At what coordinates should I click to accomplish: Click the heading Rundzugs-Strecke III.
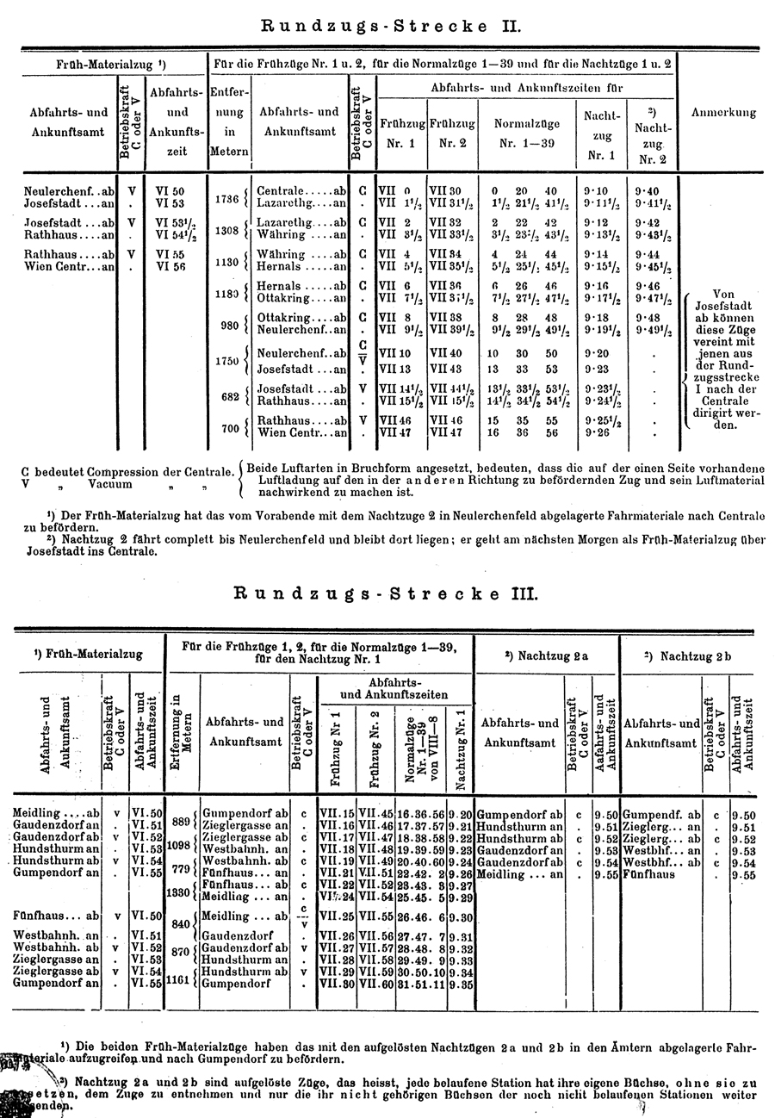coord(387,593)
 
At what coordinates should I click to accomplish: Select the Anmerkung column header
coord(723,112)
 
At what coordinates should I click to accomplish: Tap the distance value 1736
coord(226,198)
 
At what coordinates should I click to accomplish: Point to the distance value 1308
coord(226,230)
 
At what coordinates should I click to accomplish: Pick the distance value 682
coord(228,394)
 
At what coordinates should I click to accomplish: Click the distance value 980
coord(228,325)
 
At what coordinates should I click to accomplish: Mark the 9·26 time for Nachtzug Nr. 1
coord(597,432)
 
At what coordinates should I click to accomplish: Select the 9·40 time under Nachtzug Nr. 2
coord(647,191)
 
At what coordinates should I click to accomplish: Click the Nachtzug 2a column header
coord(546,655)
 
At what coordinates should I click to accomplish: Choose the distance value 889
coord(181,821)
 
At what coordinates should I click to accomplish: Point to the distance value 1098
coord(177,845)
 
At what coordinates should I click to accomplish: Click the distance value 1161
coord(177,978)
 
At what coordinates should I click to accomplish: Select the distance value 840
coord(181,923)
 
